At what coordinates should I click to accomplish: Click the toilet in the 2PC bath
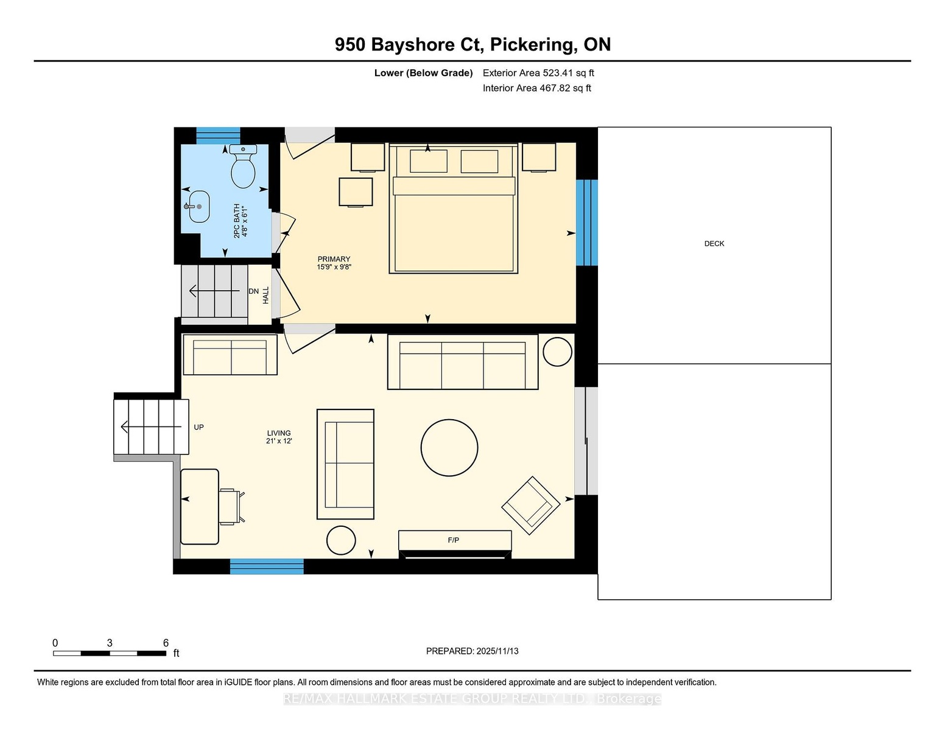(243, 166)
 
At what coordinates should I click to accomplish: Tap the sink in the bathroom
(198, 207)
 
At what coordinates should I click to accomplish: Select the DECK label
(714, 243)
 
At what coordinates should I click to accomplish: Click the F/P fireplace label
(453, 540)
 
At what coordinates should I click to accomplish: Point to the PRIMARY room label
(334, 259)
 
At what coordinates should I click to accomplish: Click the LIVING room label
(279, 433)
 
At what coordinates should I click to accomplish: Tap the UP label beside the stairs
(198, 427)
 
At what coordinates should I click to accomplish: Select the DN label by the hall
(253, 291)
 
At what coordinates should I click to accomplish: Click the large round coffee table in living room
(449, 447)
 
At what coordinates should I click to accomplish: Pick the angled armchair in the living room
(530, 506)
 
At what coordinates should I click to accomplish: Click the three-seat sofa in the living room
(463, 362)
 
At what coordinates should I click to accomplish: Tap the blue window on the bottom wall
(267, 566)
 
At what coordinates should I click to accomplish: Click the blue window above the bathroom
(219, 136)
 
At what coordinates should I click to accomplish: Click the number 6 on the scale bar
(166, 643)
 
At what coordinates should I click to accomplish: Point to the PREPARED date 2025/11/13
(497, 651)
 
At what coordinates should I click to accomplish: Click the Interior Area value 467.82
(555, 88)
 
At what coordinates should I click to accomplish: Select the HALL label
(265, 295)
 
